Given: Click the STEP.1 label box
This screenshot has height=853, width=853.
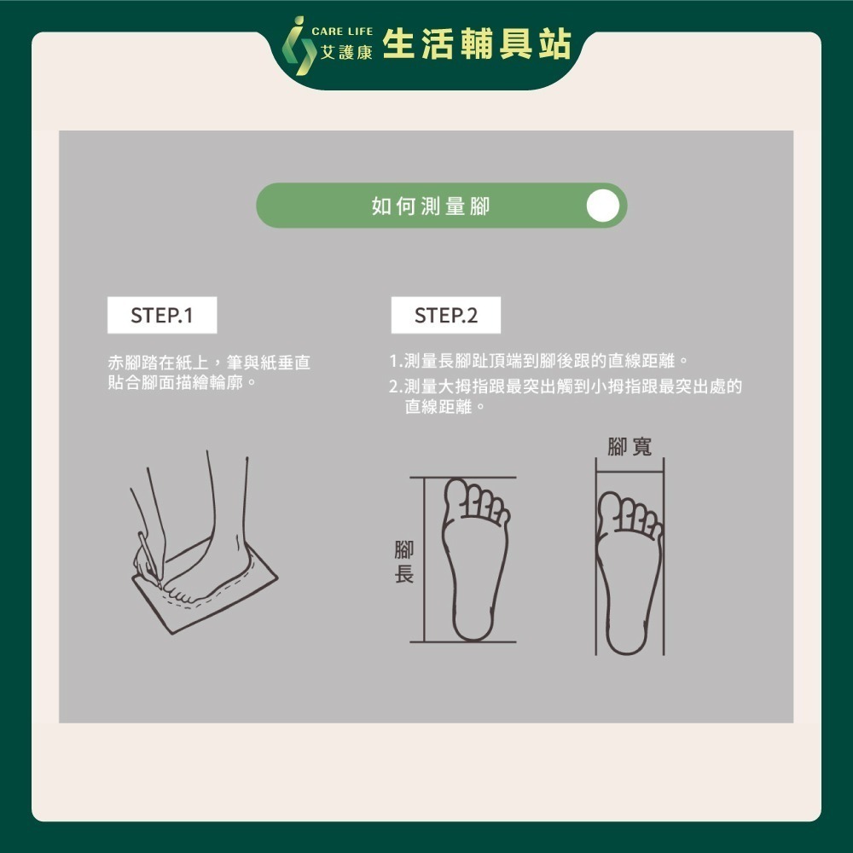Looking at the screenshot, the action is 162,315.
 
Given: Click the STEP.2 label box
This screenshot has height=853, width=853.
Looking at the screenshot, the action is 446,315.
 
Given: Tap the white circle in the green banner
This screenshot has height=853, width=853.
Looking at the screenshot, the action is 603,206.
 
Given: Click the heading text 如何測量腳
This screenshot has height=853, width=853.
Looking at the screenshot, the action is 431,206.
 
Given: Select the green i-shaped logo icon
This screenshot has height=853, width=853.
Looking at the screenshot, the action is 299,46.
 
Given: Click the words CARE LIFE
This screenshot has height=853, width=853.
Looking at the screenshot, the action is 342,32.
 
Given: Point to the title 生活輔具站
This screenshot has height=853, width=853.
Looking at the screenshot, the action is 477,44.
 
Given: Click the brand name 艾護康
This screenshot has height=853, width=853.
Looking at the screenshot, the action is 346,52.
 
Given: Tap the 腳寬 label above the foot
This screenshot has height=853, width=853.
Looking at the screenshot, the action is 630,447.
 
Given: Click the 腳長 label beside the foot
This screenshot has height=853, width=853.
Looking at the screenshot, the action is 404,562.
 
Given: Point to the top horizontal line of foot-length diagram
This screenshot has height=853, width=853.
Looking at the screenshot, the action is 463,478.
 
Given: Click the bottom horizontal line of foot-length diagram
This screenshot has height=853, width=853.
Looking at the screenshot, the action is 463,642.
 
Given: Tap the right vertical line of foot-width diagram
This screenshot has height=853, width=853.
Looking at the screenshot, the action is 664,556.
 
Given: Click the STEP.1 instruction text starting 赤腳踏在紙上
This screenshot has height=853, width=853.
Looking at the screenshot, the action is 210,373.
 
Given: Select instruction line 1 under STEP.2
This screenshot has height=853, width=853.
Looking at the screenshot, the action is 539,360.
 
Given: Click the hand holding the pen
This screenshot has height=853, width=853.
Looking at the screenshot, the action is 147,564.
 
